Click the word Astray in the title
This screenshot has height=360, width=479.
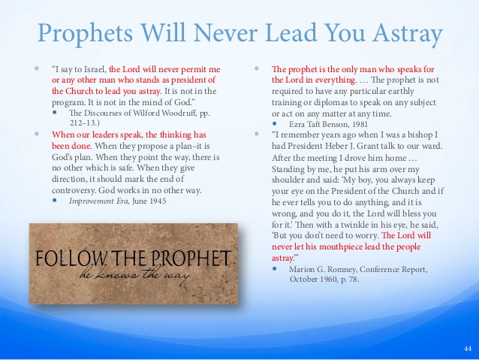[x=408, y=34]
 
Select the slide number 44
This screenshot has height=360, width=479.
[x=468, y=349]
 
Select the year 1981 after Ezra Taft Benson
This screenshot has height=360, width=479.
[x=360, y=124]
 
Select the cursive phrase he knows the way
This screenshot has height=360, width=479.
[x=134, y=275]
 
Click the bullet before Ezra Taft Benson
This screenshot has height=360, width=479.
[x=275, y=123]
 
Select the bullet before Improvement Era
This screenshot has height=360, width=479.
[x=55, y=201]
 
